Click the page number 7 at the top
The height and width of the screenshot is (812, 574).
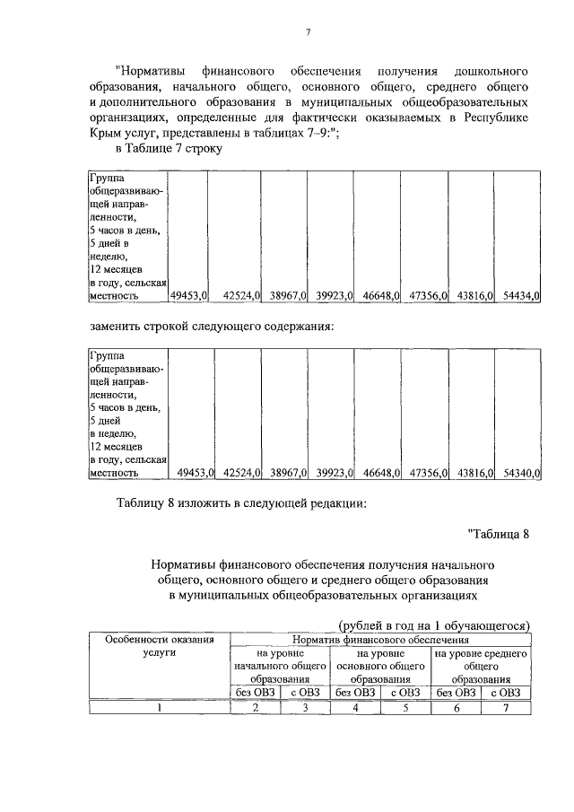[307, 33]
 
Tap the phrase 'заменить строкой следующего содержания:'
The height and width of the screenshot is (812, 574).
[212, 327]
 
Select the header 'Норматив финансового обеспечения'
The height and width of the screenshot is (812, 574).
[381, 640]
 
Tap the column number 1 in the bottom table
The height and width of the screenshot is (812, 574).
[160, 707]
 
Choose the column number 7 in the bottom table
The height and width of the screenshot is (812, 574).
[506, 707]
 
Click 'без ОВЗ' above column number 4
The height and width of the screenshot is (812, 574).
[356, 692]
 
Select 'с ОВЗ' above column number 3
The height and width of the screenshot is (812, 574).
[306, 692]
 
